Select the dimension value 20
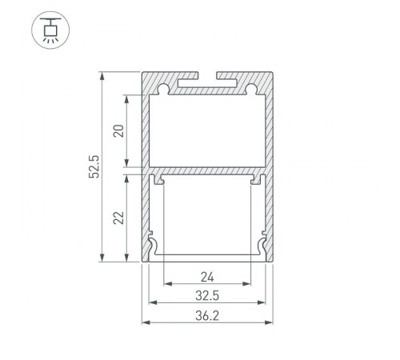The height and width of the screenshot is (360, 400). click(x=118, y=131)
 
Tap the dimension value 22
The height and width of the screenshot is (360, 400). click(x=118, y=217)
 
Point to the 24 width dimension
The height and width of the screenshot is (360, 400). click(x=208, y=278)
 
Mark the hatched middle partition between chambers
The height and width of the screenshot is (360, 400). click(x=206, y=171)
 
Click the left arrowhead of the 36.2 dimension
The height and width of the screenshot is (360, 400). click(x=146, y=322)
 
